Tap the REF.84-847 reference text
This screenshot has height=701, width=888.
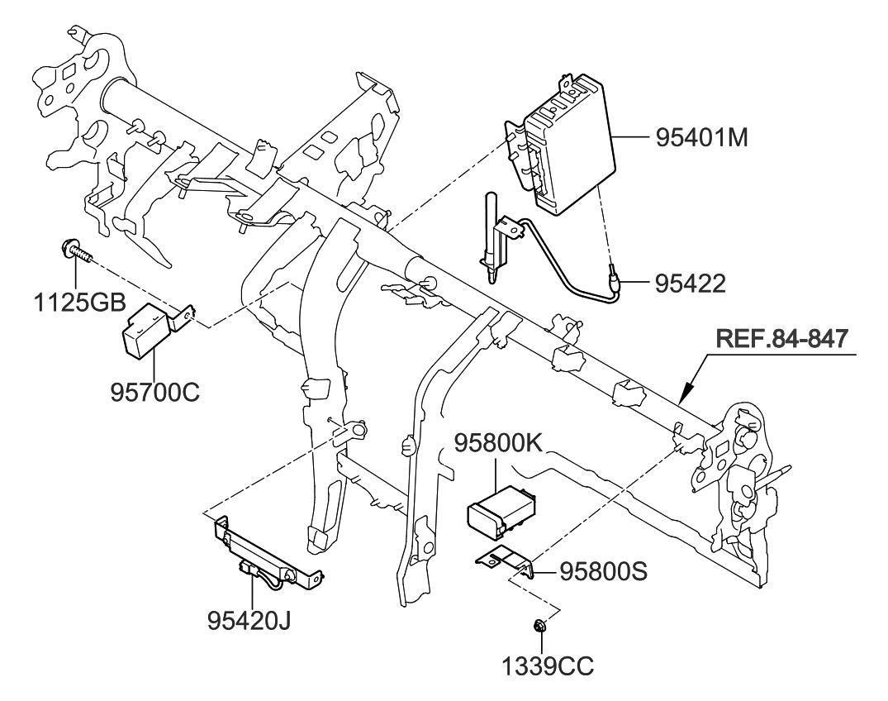coord(781,339)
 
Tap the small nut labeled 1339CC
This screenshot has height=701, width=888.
coord(539,627)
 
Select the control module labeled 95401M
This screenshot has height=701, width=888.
coord(570,145)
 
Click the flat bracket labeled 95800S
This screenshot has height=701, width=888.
coord(505,559)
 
